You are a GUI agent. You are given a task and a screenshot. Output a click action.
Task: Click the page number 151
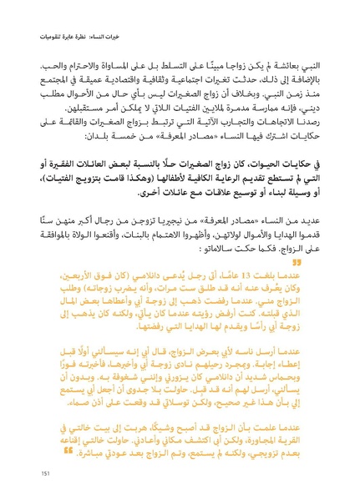pos(47,473)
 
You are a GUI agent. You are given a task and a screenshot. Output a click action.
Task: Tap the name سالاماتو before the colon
pos(190,247)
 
